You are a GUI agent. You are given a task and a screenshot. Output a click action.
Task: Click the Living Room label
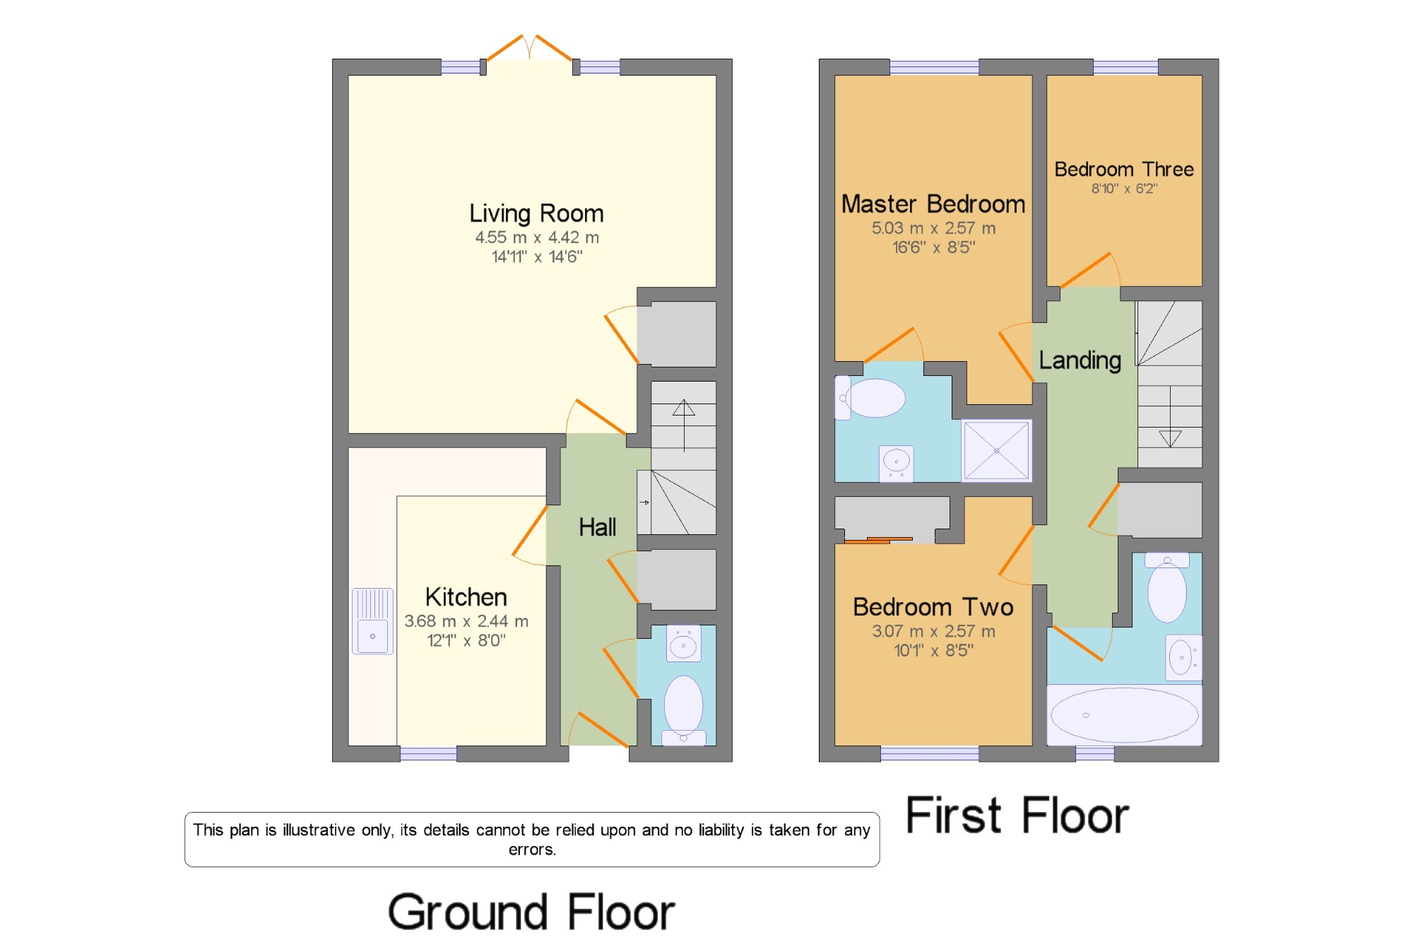(x=536, y=213)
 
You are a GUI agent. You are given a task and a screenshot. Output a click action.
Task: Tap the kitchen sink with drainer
(x=372, y=621)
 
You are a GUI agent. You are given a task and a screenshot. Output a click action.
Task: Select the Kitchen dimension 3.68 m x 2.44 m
(x=466, y=621)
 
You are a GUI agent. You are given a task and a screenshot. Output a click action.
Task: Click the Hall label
(x=597, y=527)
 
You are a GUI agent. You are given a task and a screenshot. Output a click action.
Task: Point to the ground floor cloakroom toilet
(x=683, y=709)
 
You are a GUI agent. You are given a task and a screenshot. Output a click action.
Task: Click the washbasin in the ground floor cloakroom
(x=683, y=643)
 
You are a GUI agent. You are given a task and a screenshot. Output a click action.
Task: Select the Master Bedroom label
(x=933, y=204)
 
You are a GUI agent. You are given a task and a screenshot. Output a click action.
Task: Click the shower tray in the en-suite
(x=996, y=451)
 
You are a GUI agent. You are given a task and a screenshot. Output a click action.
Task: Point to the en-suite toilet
(x=870, y=398)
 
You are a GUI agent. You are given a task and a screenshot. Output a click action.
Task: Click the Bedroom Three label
(x=1124, y=170)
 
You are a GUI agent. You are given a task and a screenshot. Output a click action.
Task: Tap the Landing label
(x=1080, y=360)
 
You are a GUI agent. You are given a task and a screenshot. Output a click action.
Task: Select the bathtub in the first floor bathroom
(x=1124, y=714)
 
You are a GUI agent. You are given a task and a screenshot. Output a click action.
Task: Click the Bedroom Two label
(x=933, y=607)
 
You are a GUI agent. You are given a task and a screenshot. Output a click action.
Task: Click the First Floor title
(x=1017, y=816)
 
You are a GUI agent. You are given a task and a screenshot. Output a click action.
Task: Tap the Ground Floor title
(x=531, y=912)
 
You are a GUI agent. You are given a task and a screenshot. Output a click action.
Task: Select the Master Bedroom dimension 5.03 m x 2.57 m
(x=933, y=228)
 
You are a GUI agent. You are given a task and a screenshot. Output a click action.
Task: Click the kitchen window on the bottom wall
(x=428, y=753)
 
